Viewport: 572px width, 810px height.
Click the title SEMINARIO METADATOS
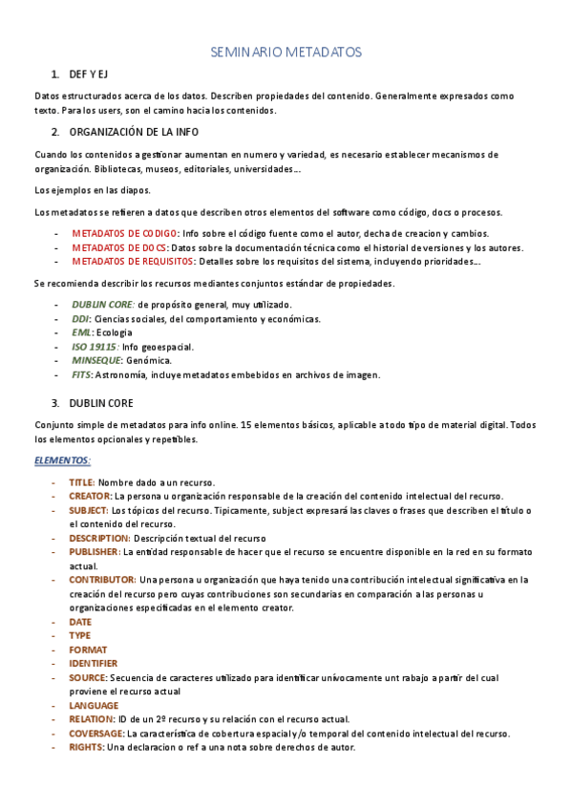click(286, 53)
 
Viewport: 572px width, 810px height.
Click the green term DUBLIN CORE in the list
click(102, 305)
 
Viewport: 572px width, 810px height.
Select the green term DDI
click(80, 319)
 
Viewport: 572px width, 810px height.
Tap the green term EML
click(81, 332)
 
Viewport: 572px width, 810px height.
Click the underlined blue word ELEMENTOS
click(62, 459)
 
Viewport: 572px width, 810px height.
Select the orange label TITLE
click(81, 482)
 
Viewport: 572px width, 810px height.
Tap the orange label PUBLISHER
click(94, 551)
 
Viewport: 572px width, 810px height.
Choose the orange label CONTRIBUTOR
click(101, 579)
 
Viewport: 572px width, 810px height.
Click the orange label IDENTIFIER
click(93, 663)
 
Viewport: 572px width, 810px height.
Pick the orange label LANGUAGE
click(94, 705)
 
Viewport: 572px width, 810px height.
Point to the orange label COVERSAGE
click(96, 733)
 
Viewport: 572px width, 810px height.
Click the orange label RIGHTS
click(86, 747)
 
